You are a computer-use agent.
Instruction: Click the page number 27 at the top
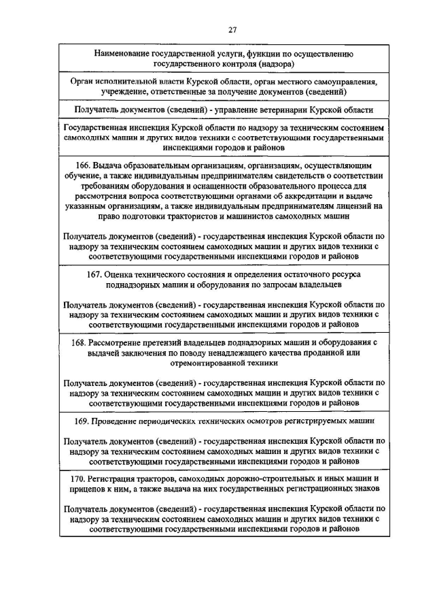click(x=232, y=30)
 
